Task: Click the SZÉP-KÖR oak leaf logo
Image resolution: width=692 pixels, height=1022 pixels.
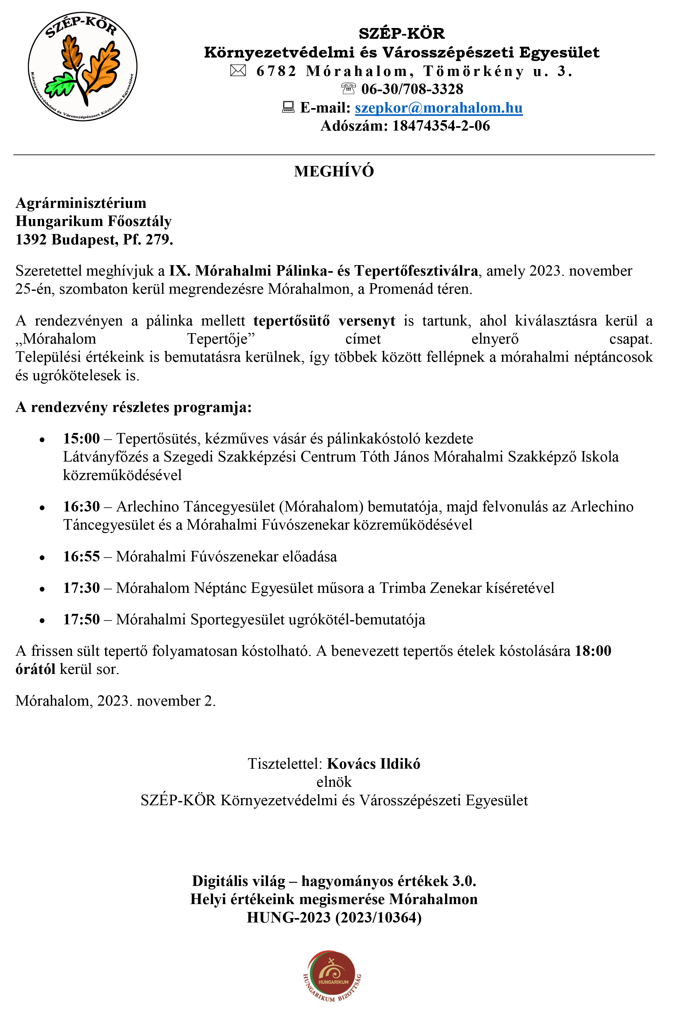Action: pyautogui.click(x=83, y=67)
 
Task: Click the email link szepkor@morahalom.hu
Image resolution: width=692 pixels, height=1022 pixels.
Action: pyautogui.click(x=438, y=108)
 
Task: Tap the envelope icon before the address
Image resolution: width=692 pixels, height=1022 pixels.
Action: pyautogui.click(x=238, y=70)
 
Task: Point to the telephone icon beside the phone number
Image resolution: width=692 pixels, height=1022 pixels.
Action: pyautogui.click(x=348, y=88)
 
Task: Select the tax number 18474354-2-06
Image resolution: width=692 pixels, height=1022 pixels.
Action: pyautogui.click(x=441, y=126)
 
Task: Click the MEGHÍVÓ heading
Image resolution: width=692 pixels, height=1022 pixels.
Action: pyautogui.click(x=334, y=171)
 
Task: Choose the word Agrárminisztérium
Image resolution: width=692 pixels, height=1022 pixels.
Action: pyautogui.click(x=81, y=203)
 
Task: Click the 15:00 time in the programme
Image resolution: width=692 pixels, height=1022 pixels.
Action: pyautogui.click(x=81, y=438)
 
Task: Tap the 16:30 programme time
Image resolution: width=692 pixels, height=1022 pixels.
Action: pyautogui.click(x=81, y=507)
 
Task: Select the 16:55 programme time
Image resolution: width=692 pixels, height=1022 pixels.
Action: pyautogui.click(x=81, y=556)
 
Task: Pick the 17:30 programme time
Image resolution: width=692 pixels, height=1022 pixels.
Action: pyautogui.click(x=81, y=588)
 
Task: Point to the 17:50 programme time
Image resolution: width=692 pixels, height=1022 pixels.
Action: pyautogui.click(x=81, y=620)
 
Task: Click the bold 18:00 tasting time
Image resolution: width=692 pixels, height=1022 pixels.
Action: pyautogui.click(x=593, y=651)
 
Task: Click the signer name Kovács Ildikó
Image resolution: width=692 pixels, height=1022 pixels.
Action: pyautogui.click(x=373, y=764)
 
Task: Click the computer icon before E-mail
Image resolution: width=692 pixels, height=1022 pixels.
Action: pyautogui.click(x=288, y=107)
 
